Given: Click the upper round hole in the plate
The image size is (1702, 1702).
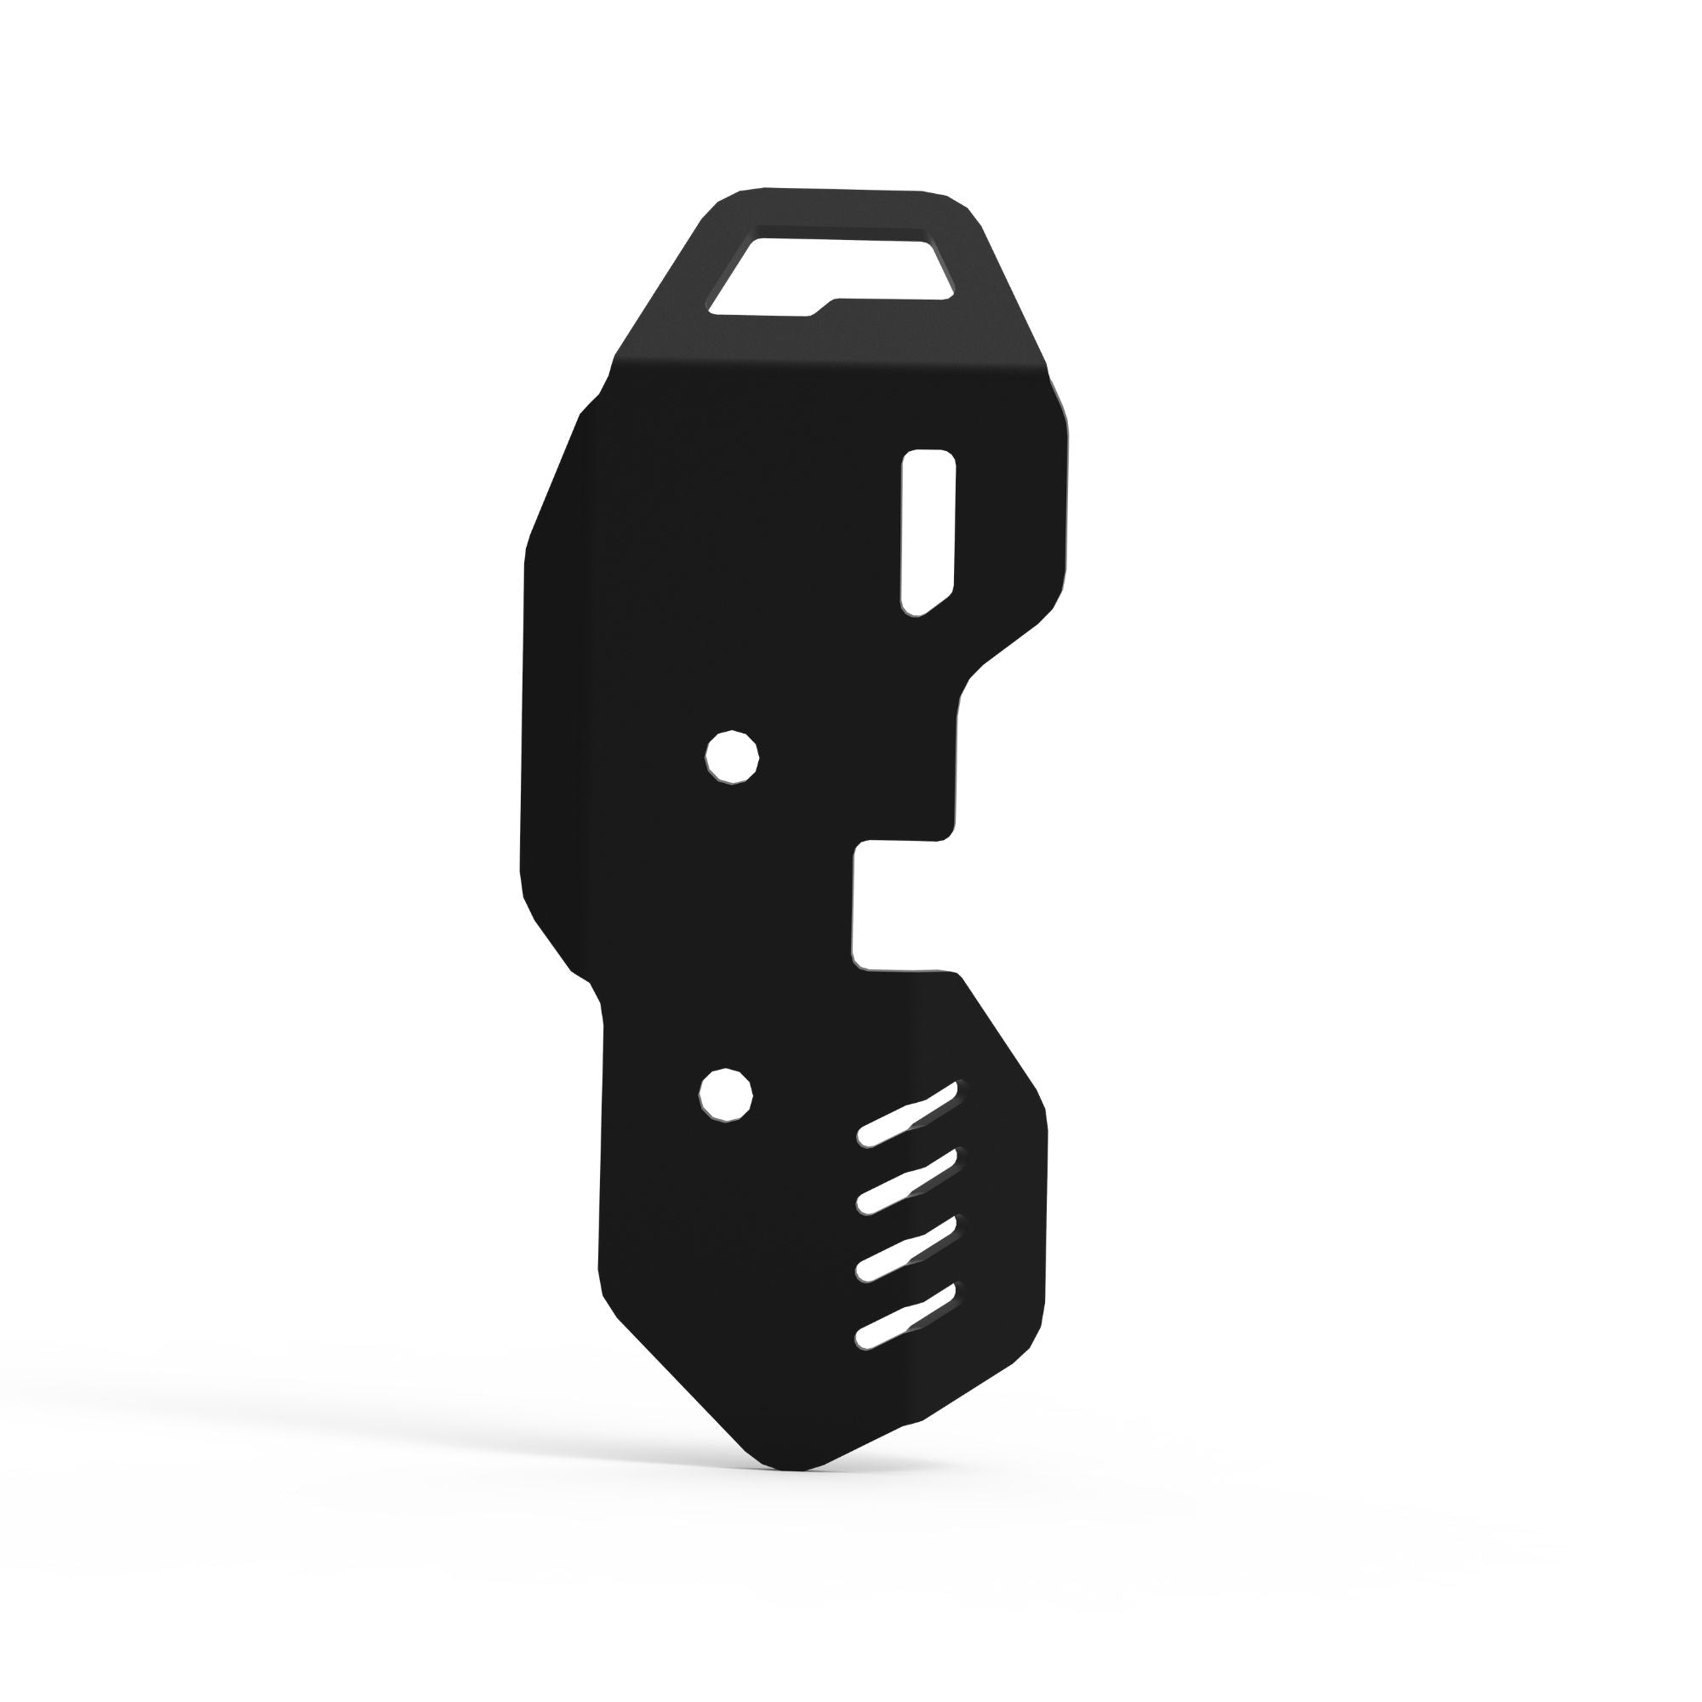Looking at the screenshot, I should click(x=732, y=757).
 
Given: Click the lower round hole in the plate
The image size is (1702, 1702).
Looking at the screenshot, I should click(x=726, y=1095).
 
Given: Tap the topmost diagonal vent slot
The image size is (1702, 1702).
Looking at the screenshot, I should click(x=907, y=1115).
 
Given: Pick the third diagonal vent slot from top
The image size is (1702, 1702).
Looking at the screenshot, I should click(x=907, y=1248).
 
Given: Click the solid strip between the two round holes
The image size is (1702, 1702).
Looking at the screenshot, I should click(x=729, y=925).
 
